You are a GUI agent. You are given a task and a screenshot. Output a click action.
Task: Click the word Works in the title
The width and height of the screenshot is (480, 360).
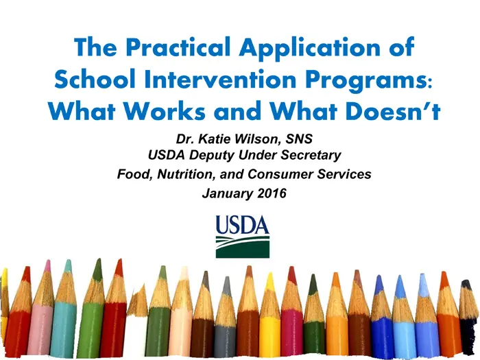pyautogui.click(x=164, y=110)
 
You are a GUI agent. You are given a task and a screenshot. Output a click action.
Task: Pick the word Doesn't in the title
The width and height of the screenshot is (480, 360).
pyautogui.click(x=393, y=110)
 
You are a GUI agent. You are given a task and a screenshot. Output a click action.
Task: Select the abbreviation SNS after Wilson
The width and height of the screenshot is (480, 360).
pyautogui.click(x=299, y=139)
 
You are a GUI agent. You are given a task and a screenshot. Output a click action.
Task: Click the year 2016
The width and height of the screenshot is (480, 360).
pyautogui.click(x=272, y=193)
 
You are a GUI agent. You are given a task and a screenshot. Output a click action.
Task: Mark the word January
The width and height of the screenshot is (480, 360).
pyautogui.click(x=228, y=194)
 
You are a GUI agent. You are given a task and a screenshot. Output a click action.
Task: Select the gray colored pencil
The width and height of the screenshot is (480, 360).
pyautogui.click(x=225, y=318)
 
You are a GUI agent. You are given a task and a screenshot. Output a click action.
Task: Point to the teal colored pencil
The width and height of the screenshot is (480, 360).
pyautogui.click(x=64, y=309)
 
